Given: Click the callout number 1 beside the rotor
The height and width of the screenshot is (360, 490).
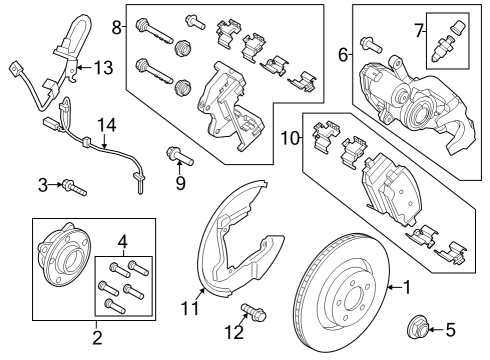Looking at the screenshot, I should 407,288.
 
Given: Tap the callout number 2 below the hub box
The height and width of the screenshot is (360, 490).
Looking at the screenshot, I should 97,337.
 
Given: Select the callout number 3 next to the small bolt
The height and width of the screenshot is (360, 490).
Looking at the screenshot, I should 43,184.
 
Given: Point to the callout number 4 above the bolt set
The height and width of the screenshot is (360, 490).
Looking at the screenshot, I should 122,241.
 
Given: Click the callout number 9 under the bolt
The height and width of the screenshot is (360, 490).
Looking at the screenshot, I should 180,184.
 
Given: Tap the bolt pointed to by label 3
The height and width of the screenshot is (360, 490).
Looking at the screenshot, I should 72,185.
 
